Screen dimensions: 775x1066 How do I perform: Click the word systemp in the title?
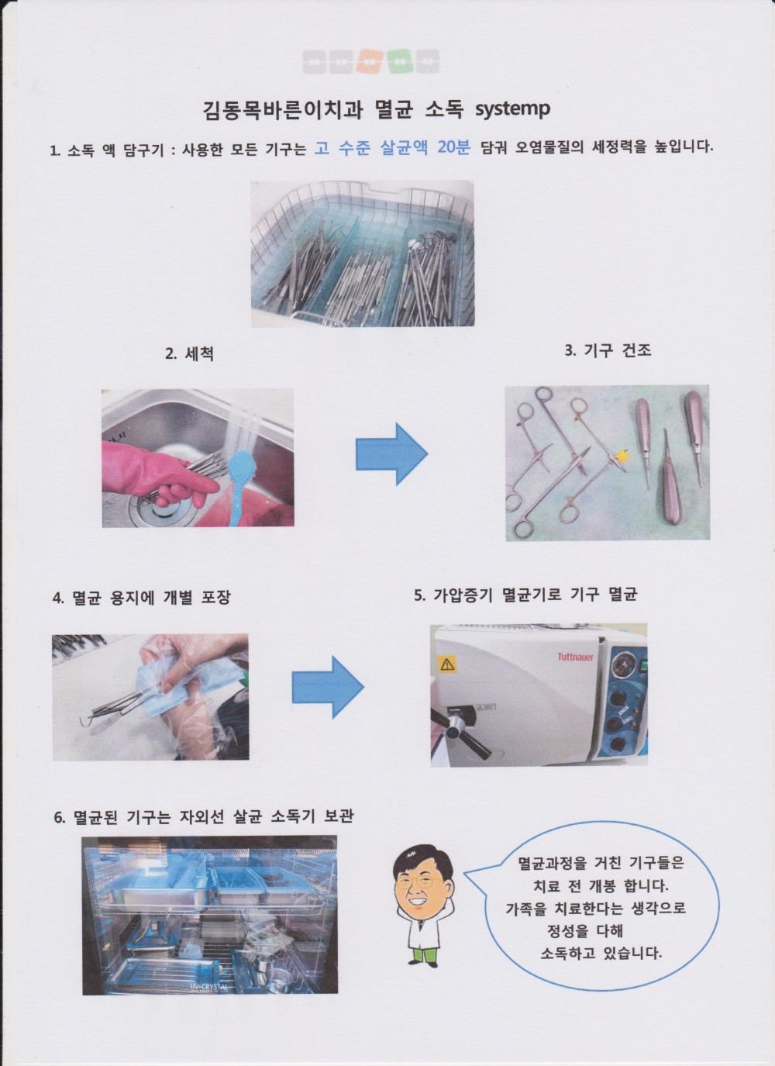[x=512, y=110]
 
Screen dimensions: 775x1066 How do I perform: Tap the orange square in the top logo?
[x=371, y=61]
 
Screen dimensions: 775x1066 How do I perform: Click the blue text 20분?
[x=453, y=148]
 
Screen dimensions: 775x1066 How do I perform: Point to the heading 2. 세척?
[x=189, y=354]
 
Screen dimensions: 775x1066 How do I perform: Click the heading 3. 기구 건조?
[x=608, y=350]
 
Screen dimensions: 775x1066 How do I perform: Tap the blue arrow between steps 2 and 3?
[x=392, y=454]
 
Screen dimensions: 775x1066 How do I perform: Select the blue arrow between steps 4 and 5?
[x=328, y=687]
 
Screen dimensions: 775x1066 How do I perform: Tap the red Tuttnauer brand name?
[x=576, y=657]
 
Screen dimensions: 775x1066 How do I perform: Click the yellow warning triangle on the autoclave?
[x=448, y=664]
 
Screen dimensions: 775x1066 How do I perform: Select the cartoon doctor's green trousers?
[x=422, y=954]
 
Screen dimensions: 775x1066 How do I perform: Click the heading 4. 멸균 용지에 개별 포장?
[x=141, y=597]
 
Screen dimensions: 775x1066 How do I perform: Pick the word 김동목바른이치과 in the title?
[x=283, y=110]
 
